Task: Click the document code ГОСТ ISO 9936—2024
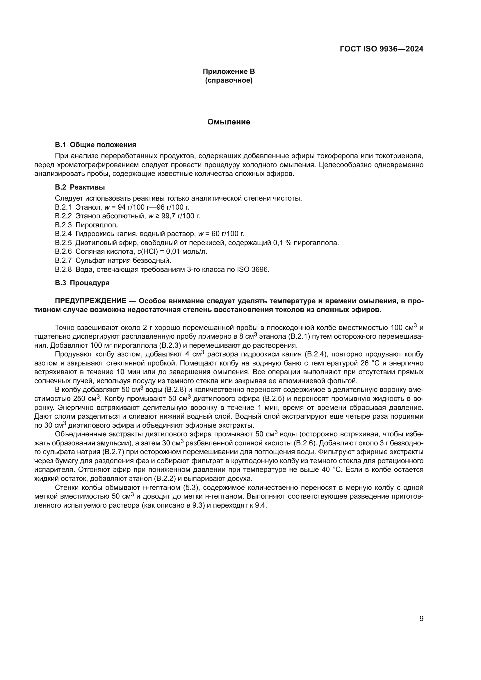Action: tap(382, 49)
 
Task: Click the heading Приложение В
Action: tap(229, 72)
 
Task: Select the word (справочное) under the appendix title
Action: tap(229, 80)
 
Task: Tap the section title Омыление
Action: tap(229, 122)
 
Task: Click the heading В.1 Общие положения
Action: tap(95, 145)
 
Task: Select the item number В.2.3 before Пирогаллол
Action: tap(63, 225)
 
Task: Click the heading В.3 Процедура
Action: tap(82, 283)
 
